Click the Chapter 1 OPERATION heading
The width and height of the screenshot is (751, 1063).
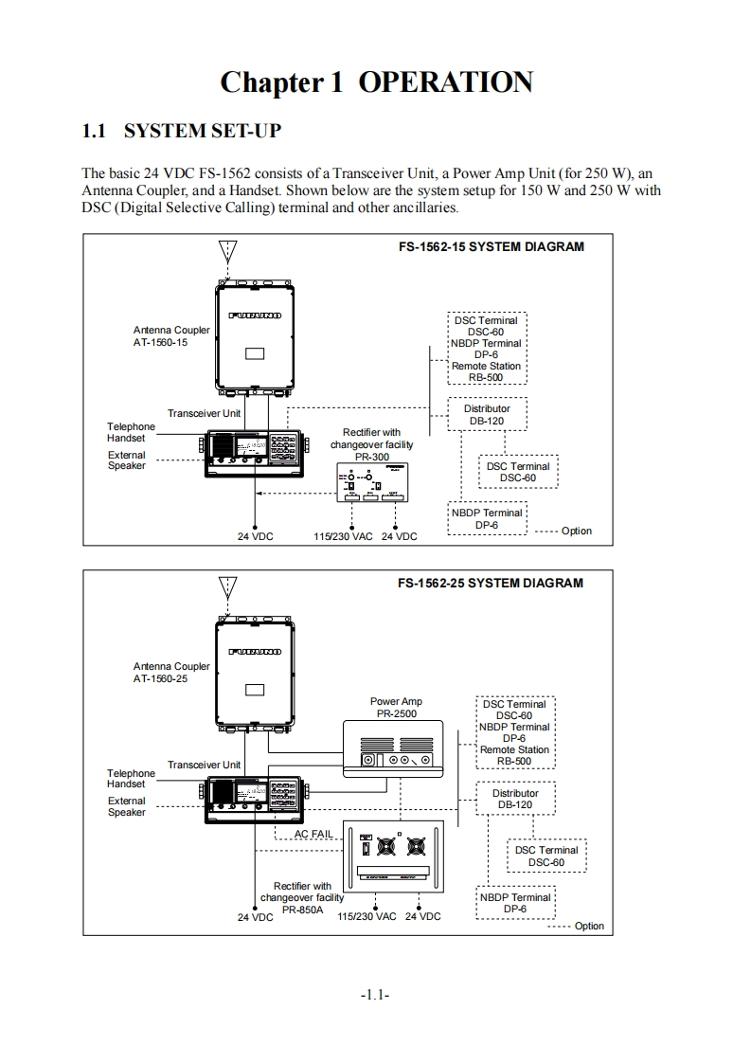(x=376, y=82)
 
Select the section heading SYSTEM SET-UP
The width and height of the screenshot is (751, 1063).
(x=181, y=131)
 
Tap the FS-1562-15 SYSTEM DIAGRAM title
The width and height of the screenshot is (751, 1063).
(x=491, y=246)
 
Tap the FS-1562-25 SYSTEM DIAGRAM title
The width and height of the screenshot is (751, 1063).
(x=491, y=583)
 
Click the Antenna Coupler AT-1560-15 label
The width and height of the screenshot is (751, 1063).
(x=171, y=336)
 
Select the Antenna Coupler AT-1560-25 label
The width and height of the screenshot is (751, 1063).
(x=171, y=673)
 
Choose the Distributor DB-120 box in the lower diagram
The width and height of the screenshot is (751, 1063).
(x=515, y=799)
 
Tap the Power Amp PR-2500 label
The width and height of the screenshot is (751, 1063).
(x=396, y=708)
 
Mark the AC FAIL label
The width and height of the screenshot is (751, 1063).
(x=313, y=834)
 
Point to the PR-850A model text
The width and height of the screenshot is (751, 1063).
(x=303, y=910)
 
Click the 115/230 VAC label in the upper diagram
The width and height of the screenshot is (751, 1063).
(x=343, y=536)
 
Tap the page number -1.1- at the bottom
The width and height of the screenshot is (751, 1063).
(x=376, y=996)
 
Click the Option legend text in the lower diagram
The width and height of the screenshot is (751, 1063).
(x=589, y=926)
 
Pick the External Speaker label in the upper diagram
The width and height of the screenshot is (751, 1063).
(x=127, y=460)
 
